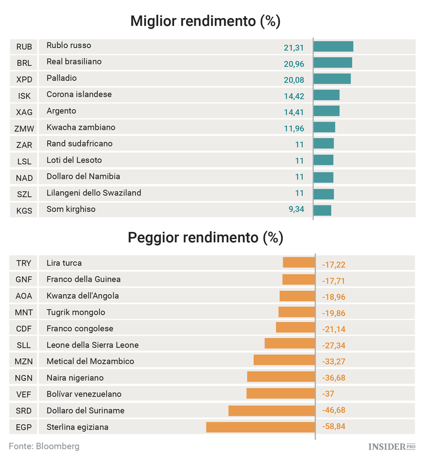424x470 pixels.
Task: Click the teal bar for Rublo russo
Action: [333, 46]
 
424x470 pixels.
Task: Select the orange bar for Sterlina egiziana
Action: [261, 427]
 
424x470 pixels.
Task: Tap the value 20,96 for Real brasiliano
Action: [294, 63]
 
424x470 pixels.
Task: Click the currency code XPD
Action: [24, 79]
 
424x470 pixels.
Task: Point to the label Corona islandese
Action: [79, 94]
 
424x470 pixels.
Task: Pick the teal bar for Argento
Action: [326, 111]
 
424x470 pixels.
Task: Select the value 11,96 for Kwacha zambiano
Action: [294, 128]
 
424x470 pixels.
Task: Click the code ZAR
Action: [24, 145]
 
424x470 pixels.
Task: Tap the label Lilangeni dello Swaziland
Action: [94, 193]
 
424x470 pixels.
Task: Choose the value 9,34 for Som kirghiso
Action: [296, 210]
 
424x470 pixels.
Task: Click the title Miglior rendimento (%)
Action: [205, 21]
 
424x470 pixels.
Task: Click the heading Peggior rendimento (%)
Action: [205, 237]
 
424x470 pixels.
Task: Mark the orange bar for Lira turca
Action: [298, 263]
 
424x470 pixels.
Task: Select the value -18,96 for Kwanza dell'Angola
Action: [334, 296]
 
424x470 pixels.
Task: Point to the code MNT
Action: [24, 312]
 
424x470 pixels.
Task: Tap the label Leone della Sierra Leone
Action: [92, 345]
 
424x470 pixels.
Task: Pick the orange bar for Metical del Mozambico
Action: [284, 360]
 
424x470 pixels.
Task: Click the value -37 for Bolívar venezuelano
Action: [328, 394]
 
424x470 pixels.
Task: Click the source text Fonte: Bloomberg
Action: [44, 446]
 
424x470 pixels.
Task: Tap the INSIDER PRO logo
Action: [391, 447]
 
